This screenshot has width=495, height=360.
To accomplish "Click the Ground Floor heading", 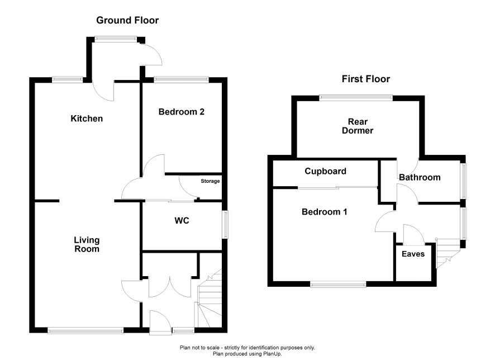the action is coord(127,20).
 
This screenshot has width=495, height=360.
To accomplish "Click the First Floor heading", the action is coord(366,79).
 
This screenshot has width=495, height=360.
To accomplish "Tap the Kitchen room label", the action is coord(87,119).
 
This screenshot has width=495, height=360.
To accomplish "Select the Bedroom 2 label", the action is coord(182,112).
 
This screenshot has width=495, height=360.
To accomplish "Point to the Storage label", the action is coord(210,181).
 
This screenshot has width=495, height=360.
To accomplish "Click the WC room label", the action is coord(182,220).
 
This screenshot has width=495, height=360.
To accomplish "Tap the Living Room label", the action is coord(87,244).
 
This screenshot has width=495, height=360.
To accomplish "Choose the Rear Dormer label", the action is coord(358,126).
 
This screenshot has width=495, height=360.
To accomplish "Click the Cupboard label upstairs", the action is coord(326,171).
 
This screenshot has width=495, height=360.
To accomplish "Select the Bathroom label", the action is coord(420,177).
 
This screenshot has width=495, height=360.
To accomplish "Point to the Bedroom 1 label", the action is coord(325,211).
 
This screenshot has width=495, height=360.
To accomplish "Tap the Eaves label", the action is coord(413,254).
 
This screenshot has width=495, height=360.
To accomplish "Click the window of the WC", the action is coord(226,225).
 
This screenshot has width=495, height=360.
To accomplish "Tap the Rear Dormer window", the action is coord(356,98).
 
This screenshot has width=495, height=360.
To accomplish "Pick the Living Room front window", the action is coord(85,330).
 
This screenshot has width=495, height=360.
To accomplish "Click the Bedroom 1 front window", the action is coord(338,285).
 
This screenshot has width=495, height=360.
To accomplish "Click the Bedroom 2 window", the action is coord(181,79).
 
